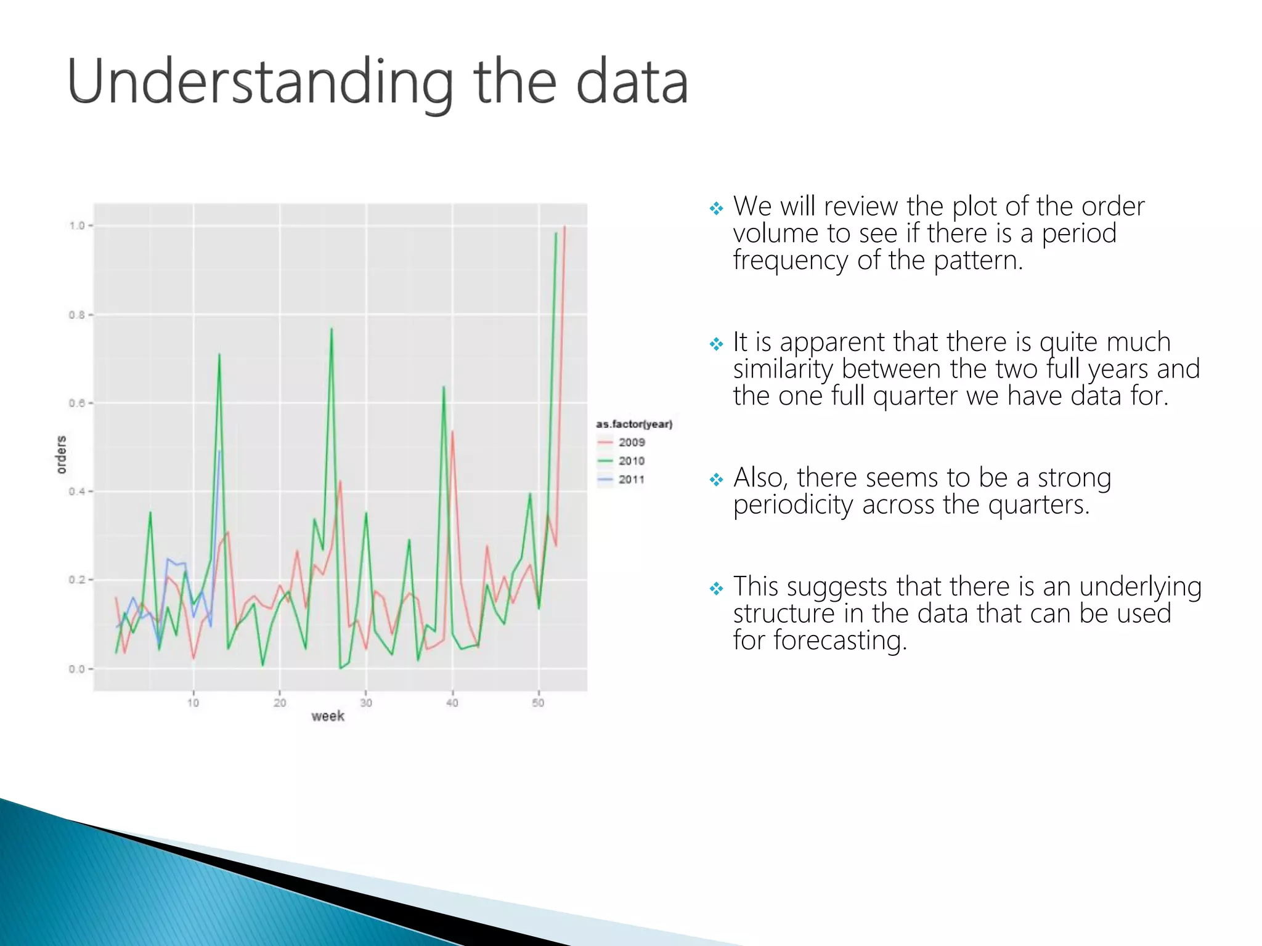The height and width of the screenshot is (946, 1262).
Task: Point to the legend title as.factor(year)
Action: (633, 424)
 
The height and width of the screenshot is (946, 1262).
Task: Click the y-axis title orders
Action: (61, 455)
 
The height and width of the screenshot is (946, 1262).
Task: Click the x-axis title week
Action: (327, 716)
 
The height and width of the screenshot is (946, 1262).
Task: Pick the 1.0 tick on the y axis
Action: (77, 225)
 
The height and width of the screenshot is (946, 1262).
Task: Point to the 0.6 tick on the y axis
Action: (77, 403)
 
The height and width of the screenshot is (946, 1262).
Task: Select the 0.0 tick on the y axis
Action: (77, 669)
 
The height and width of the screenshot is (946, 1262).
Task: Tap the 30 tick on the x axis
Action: (366, 703)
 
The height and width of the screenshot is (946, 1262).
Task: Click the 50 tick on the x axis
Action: (538, 703)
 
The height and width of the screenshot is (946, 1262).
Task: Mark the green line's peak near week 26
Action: (332, 329)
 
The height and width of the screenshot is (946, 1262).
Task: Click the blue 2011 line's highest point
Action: (219, 451)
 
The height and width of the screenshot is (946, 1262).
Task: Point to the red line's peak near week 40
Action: (452, 432)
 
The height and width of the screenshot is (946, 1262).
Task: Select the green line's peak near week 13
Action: (219, 355)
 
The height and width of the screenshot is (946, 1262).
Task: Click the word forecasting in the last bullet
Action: (840, 641)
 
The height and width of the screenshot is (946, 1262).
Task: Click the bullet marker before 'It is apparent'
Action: (715, 344)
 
